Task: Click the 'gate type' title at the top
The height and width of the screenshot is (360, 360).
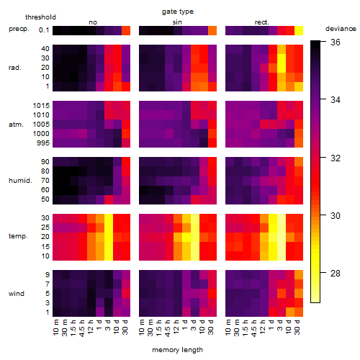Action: point(178,12)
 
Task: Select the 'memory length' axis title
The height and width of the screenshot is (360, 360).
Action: point(177,350)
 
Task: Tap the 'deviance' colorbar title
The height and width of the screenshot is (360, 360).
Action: point(341,29)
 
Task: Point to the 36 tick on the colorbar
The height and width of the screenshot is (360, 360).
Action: point(336,42)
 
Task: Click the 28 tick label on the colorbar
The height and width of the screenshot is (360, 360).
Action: point(336,273)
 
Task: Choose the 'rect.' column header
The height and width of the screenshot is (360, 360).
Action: point(261,22)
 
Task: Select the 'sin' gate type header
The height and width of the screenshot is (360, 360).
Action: point(177,22)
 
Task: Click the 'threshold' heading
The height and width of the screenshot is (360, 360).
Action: point(40,17)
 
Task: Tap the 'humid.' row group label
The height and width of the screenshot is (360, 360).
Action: point(20,181)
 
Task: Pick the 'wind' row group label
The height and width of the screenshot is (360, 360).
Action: point(17,294)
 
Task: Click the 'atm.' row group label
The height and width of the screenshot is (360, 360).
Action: point(16,125)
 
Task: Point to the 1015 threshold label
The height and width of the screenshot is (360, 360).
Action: point(41,106)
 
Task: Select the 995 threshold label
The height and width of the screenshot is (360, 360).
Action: point(43,143)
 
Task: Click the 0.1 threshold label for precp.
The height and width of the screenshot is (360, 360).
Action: point(44,30)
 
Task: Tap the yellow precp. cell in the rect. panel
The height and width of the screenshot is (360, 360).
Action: point(299,31)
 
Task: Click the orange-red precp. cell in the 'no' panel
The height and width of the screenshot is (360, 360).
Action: point(126,31)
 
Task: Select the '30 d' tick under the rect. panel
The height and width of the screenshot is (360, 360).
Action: point(297,328)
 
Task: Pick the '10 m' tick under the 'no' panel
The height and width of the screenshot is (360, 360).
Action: point(55,328)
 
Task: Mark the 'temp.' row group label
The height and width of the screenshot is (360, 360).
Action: point(18,236)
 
